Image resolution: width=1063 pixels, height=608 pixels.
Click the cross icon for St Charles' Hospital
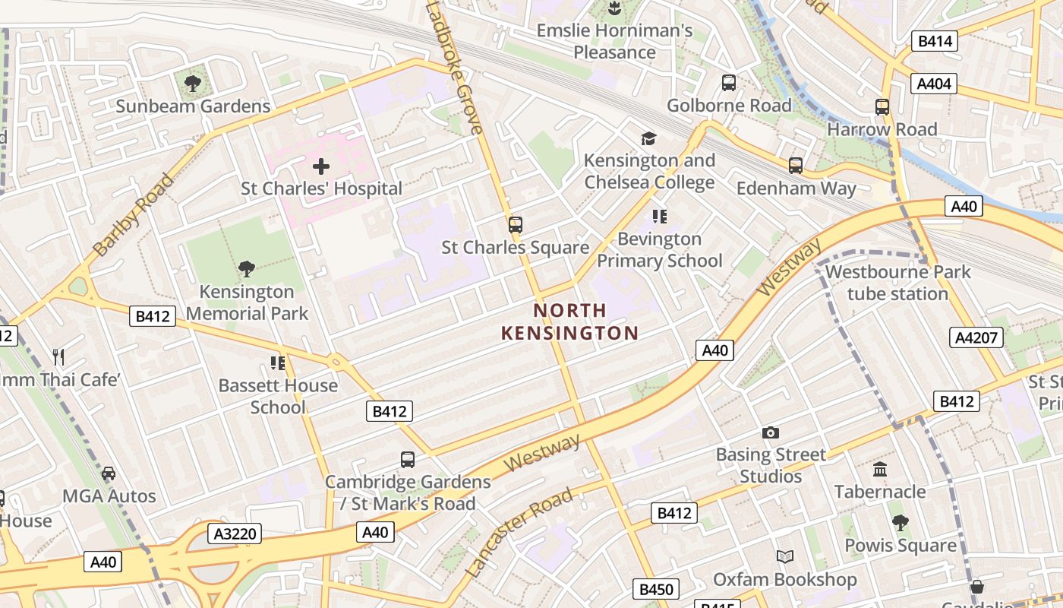tap(321, 166)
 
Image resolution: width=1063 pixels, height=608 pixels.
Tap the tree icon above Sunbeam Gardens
tap(193, 83)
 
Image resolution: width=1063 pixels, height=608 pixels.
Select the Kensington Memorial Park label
tap(247, 302)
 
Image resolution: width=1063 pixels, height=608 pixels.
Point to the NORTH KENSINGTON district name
tap(569, 321)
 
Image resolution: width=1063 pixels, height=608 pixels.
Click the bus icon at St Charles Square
tap(516, 225)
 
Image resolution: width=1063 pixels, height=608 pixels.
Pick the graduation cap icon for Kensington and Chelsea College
tap(648, 138)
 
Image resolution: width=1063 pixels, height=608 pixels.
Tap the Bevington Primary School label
tap(659, 250)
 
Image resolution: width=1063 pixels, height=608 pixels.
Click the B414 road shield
tap(935, 41)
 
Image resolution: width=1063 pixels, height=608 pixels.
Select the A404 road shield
tap(934, 84)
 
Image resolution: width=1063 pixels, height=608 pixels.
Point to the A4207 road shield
tap(976, 337)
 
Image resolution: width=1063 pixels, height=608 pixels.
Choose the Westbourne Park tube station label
tap(897, 283)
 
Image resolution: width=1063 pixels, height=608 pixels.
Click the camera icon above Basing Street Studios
tap(771, 433)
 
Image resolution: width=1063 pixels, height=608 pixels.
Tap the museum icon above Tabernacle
tap(880, 470)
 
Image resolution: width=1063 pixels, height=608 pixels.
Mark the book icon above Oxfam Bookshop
tap(785, 557)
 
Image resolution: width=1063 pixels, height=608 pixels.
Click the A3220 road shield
tap(235, 534)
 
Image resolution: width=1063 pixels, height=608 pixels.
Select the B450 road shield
tap(655, 589)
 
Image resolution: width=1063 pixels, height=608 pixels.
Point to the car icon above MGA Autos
tap(109, 473)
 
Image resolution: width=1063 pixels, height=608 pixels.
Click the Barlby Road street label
tap(134, 214)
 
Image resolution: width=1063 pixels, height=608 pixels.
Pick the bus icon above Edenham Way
tap(796, 166)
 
